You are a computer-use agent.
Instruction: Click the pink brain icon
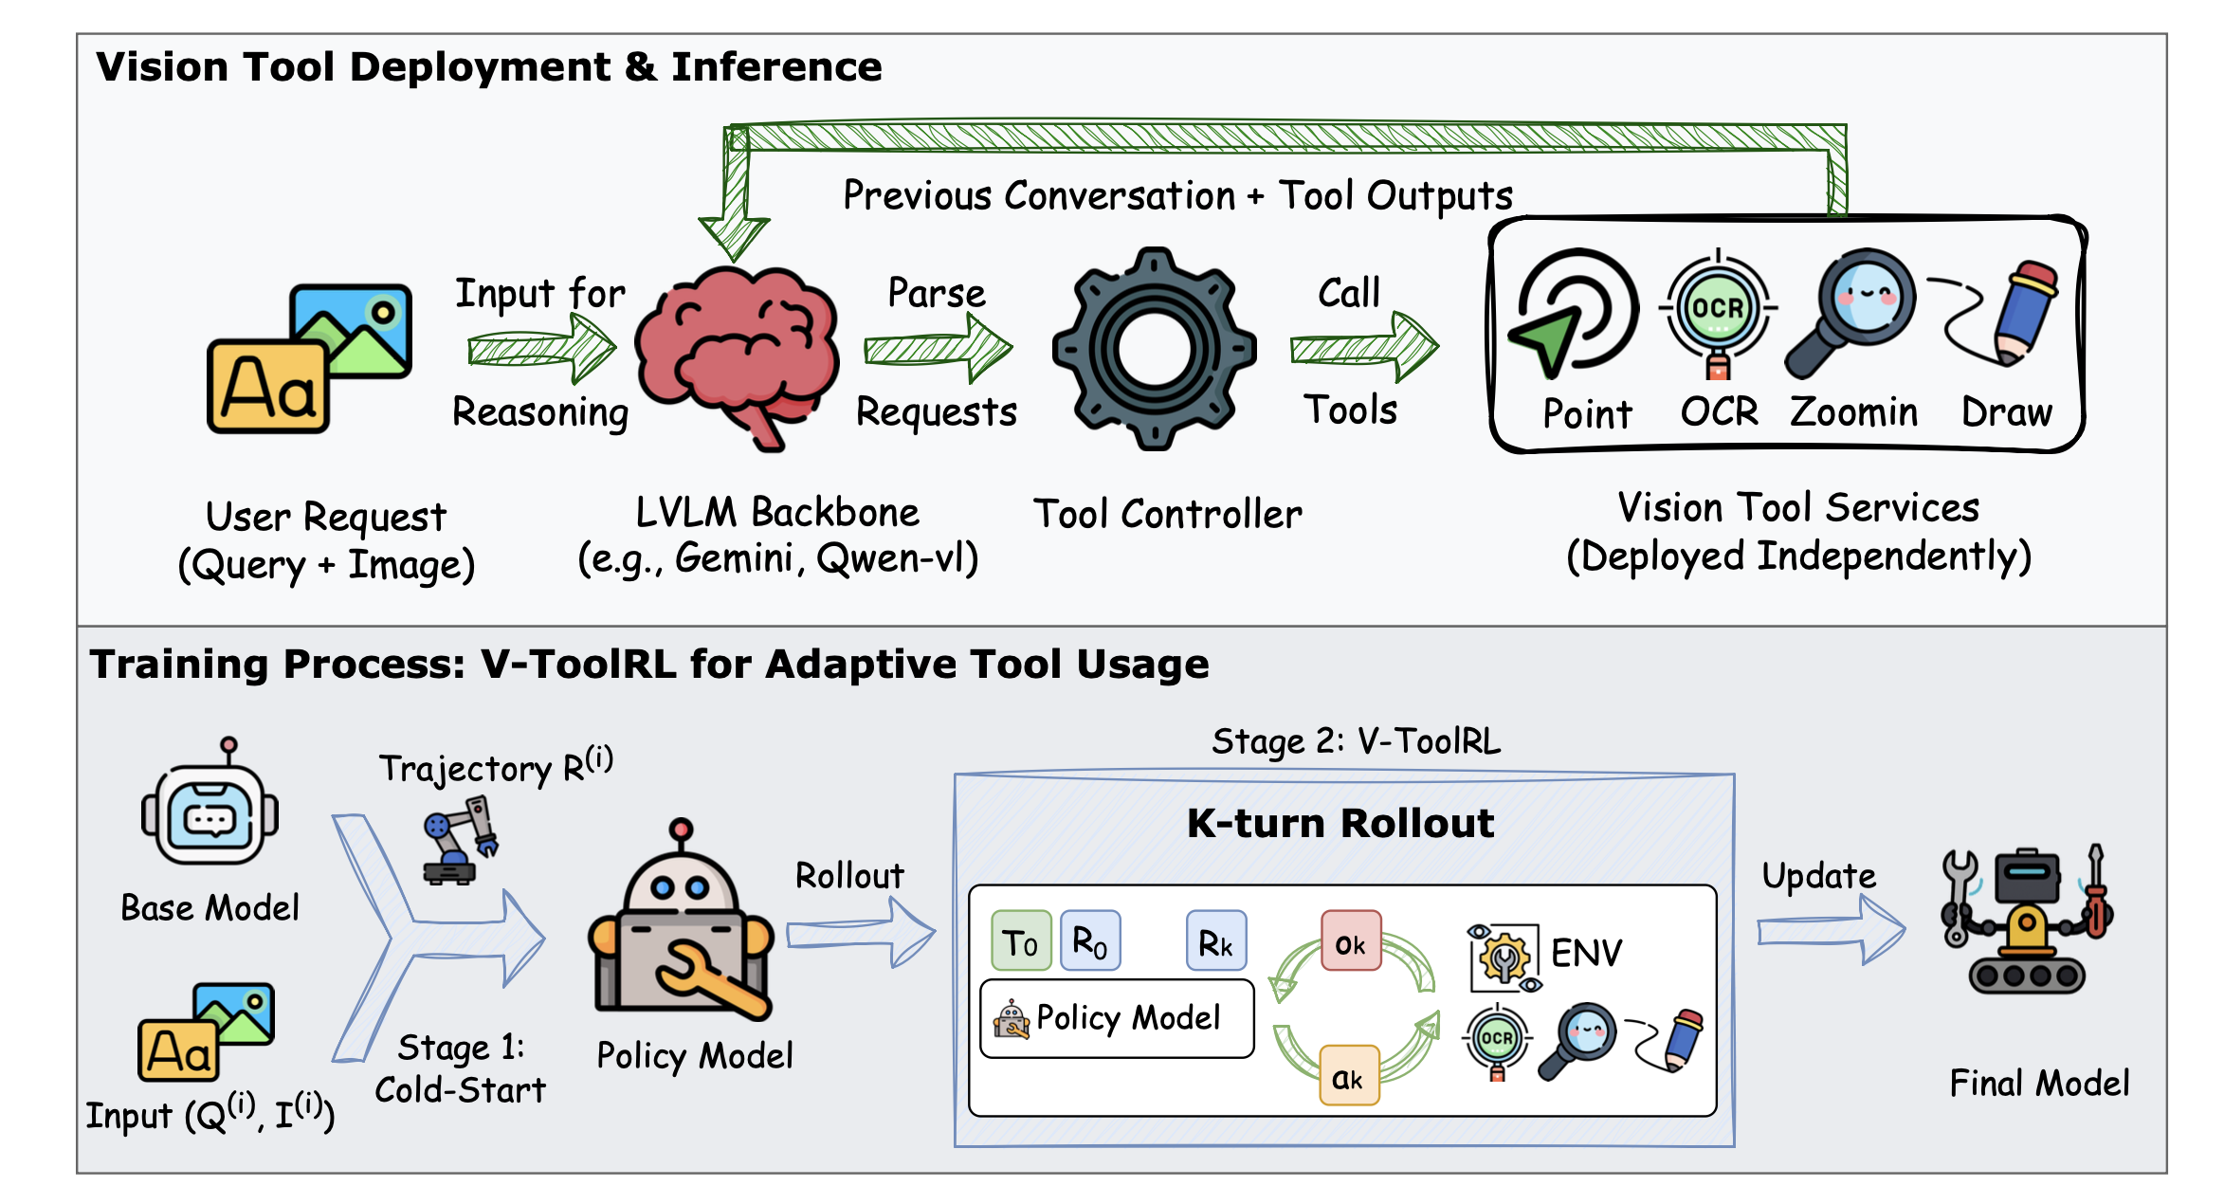(x=737, y=356)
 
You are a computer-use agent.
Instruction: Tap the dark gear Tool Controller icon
(x=1154, y=349)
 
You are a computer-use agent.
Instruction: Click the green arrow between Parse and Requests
(x=938, y=349)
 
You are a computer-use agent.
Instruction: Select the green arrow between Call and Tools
(x=1364, y=348)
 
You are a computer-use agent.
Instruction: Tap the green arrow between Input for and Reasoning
(x=541, y=349)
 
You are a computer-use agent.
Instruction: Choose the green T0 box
(x=1021, y=940)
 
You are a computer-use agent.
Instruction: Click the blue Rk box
(x=1216, y=940)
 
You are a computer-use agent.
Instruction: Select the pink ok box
(x=1351, y=940)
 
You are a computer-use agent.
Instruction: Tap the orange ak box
(x=1349, y=1075)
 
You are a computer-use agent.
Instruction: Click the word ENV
(x=1587, y=953)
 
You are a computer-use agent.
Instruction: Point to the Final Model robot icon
(x=2027, y=920)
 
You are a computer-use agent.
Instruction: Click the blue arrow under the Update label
(x=1831, y=931)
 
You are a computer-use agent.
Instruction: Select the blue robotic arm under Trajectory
(x=460, y=841)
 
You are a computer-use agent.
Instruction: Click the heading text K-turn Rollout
(x=1340, y=823)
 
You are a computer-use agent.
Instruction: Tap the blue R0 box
(x=1090, y=940)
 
